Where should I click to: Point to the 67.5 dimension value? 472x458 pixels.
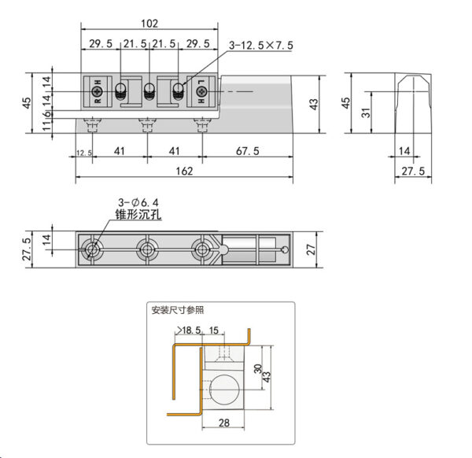247,150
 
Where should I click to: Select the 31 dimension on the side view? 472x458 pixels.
365,113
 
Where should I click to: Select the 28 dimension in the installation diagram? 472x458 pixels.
224,423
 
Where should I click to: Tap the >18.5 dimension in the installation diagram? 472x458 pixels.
190,331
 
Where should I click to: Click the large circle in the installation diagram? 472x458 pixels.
227,390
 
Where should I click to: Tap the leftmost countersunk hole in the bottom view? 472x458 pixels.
94,250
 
